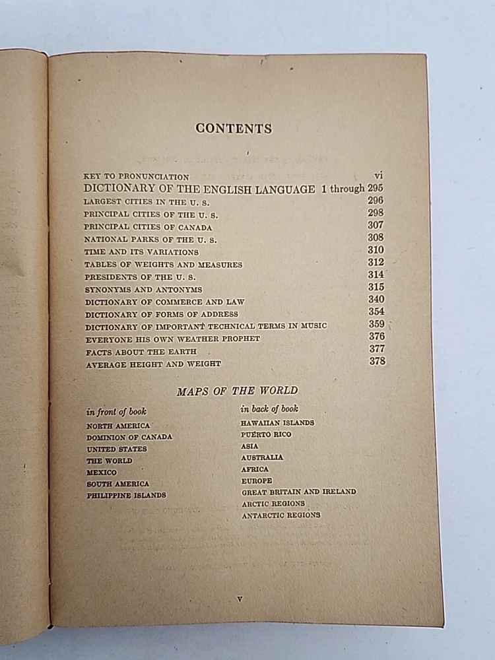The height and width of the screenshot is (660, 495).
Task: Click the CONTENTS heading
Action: tap(234, 129)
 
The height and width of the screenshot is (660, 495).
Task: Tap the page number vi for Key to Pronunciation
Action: tap(378, 176)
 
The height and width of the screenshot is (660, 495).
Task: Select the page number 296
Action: tap(376, 201)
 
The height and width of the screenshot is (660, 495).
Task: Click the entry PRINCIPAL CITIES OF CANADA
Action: tap(148, 227)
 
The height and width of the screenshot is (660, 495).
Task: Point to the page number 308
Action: tap(376, 238)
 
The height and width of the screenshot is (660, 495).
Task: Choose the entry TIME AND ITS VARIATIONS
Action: tap(141, 252)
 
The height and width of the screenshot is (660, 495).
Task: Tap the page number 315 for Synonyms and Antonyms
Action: tap(376, 287)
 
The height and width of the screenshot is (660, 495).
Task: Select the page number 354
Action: tap(376, 312)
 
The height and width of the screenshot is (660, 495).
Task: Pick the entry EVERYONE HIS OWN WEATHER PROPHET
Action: tap(172, 339)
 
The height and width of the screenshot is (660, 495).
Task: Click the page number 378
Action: tap(377, 361)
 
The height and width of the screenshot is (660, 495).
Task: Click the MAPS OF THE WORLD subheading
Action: tap(237, 391)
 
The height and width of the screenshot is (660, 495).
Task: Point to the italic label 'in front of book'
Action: tap(116, 412)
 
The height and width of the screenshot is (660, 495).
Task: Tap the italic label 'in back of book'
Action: tap(269, 409)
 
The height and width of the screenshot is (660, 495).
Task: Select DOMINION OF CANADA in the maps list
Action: tap(129, 437)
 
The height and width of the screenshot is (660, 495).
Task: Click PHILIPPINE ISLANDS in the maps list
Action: tap(126, 496)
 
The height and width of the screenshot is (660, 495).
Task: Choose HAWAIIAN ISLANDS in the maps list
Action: tap(277, 422)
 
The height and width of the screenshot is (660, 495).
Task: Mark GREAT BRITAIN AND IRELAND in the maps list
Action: tap(298, 492)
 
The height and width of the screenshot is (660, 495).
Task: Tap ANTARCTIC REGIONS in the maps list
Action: tap(280, 515)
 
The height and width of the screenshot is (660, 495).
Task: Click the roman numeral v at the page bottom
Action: tap(240, 599)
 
